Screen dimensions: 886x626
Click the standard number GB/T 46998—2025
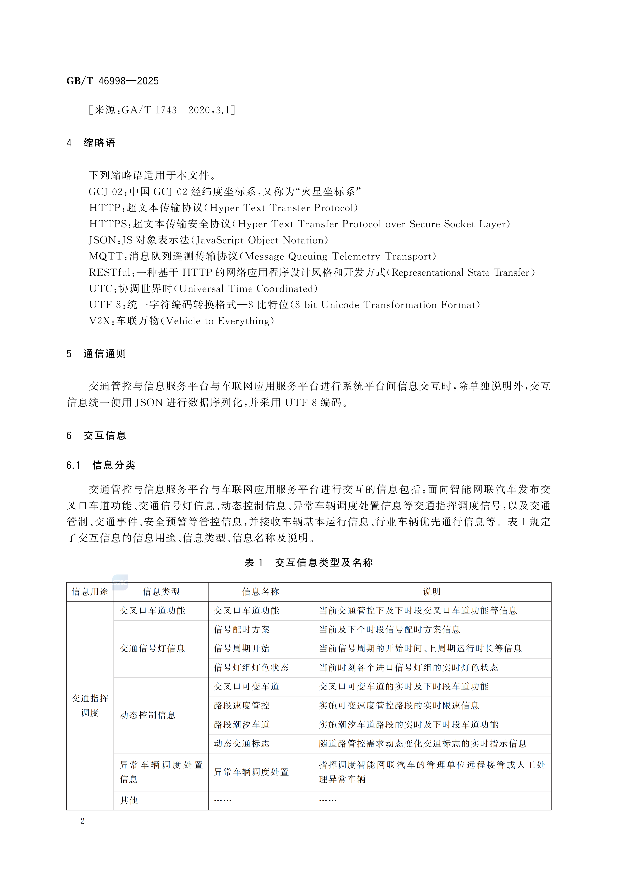click(112, 81)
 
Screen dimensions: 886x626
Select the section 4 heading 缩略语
click(99, 143)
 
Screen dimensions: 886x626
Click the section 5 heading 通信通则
click(104, 354)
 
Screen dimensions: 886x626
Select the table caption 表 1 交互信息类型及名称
click(309, 563)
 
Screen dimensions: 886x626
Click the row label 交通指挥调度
click(90, 705)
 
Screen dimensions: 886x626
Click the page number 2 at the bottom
click(82, 821)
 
